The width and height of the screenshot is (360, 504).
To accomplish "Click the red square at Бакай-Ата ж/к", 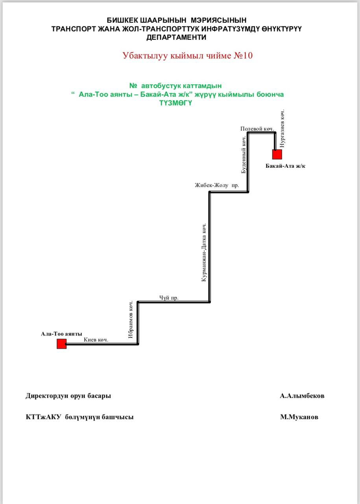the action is pyautogui.click(x=277, y=154).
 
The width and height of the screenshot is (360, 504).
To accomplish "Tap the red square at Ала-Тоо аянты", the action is pyautogui.click(x=62, y=344).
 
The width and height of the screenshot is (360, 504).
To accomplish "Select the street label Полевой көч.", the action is pyautogui.click(x=257, y=129).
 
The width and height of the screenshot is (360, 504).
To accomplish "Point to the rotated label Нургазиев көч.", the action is pyautogui.click(x=282, y=128).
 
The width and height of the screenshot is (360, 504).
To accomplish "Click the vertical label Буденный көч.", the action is pyautogui.click(x=244, y=155).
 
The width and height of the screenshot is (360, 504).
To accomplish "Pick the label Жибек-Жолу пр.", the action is pyautogui.click(x=217, y=185).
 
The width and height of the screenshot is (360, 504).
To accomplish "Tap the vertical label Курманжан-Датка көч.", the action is pyautogui.click(x=204, y=252).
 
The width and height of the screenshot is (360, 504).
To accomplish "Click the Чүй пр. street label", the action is pyautogui.click(x=169, y=298).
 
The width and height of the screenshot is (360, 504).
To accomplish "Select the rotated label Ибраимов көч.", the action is pyautogui.click(x=131, y=319).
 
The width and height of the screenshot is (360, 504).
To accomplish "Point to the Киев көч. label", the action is pyautogui.click(x=96, y=339).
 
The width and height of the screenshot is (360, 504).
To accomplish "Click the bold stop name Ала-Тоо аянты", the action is pyautogui.click(x=61, y=334).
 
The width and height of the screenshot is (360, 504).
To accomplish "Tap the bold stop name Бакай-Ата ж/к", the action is pyautogui.click(x=285, y=166).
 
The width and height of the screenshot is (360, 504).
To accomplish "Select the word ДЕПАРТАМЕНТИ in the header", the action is pyautogui.click(x=176, y=37).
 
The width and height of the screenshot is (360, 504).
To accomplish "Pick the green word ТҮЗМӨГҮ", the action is pyautogui.click(x=175, y=103).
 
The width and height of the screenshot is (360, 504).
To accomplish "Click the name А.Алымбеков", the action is pyautogui.click(x=302, y=396).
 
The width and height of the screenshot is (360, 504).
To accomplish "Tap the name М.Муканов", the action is pyautogui.click(x=299, y=417).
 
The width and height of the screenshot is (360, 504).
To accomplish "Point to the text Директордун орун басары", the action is pyautogui.click(x=68, y=396).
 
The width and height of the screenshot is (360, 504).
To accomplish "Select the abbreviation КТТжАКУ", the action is pyautogui.click(x=43, y=417).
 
